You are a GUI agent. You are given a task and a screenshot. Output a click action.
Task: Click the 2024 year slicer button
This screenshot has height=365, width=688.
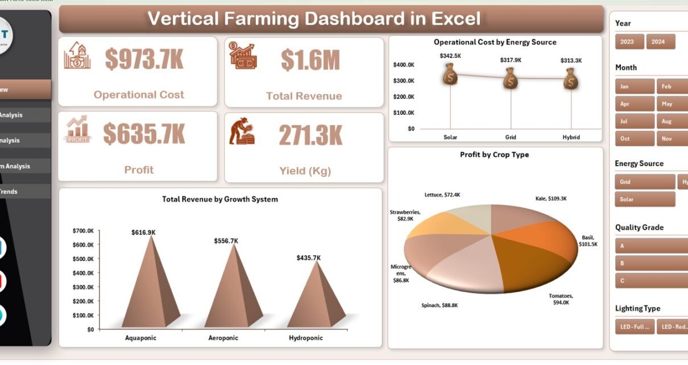click(x=661, y=42)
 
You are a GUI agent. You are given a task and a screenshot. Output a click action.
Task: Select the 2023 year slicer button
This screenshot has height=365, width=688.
click(x=629, y=42)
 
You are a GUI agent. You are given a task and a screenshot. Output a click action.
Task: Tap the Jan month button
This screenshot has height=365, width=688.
click(x=635, y=86)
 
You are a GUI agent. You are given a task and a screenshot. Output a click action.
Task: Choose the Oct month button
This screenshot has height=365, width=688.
click(x=635, y=138)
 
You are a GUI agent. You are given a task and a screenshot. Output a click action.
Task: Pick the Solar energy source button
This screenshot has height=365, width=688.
click(x=645, y=199)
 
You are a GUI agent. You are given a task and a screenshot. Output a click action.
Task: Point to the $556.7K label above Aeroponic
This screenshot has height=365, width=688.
click(x=226, y=241)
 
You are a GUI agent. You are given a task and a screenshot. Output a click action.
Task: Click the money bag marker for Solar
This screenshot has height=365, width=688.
click(x=450, y=75)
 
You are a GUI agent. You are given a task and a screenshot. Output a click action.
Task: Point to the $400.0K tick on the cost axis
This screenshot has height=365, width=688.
click(x=404, y=65)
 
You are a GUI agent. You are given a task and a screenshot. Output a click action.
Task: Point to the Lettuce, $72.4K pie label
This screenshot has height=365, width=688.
click(x=442, y=195)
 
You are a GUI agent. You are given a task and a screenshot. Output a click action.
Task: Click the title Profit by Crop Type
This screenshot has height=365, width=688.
click(x=494, y=155)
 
